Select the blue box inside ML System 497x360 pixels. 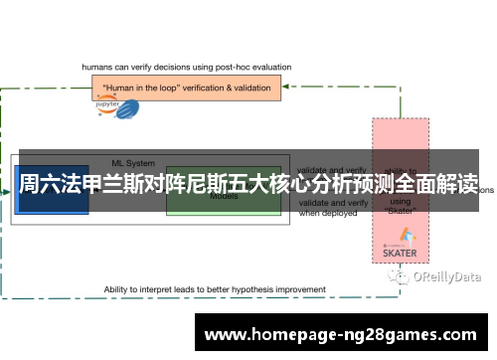(x=52, y=190)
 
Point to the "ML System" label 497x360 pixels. (x=130, y=163)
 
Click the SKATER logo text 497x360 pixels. (x=400, y=253)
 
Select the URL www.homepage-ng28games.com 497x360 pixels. (x=343, y=334)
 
